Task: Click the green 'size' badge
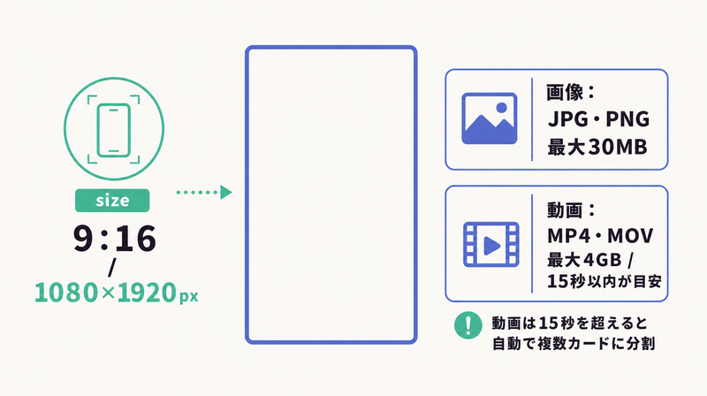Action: pos(112,201)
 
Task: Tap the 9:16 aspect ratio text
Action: pos(115,239)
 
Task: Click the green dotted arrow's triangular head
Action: pos(226,192)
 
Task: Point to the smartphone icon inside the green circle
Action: pos(114,130)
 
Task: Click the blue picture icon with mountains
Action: pos(490,118)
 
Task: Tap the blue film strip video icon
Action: pos(491,244)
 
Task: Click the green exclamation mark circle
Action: pos(468,325)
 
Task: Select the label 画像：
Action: pos(571,92)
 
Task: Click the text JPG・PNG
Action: pos(599,119)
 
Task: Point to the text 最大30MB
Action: pos(597,147)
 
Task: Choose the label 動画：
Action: pos(571,209)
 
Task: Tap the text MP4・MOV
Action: pos(600,235)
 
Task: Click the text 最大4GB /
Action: pos(590,260)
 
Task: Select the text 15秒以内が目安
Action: pos(604,281)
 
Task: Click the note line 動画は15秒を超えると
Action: pos(569,324)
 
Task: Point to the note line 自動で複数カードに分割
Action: pos(573,344)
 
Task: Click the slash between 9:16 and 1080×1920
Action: pos(112,267)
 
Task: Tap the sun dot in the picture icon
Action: pos(501,107)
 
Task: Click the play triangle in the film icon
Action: pos(491,247)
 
